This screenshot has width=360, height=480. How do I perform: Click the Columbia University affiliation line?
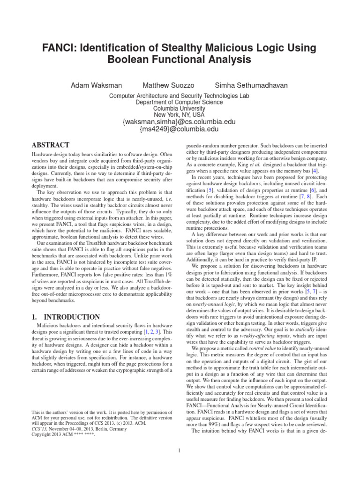click(x=180, y=107)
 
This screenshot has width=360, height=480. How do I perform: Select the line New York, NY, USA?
click(x=180, y=114)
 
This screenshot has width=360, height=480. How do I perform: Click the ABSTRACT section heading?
click(x=51, y=145)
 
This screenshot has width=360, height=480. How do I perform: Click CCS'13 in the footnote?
click(x=38, y=428)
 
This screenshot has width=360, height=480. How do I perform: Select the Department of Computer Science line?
click(x=180, y=101)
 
